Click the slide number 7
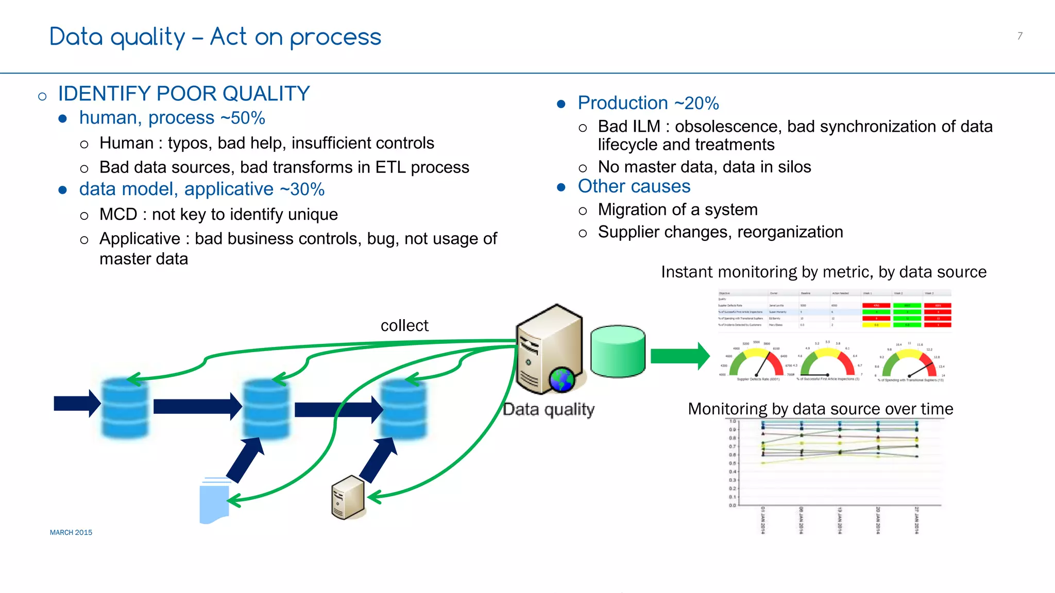pos(1019,36)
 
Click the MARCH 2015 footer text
pos(71,532)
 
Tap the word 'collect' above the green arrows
pos(404,325)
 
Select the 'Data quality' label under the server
pos(549,409)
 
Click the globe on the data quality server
pos(561,380)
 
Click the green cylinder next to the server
pos(618,352)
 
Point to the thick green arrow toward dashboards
pos(679,356)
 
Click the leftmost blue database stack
pos(125,408)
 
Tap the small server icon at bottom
pos(348,498)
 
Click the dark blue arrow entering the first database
pos(77,404)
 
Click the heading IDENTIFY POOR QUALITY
pos(184,94)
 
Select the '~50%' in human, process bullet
pos(243,118)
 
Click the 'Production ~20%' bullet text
pos(648,103)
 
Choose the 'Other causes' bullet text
pos(634,186)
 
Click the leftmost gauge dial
pos(757,362)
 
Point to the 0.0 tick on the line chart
pos(732,505)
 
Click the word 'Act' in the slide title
pos(228,37)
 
